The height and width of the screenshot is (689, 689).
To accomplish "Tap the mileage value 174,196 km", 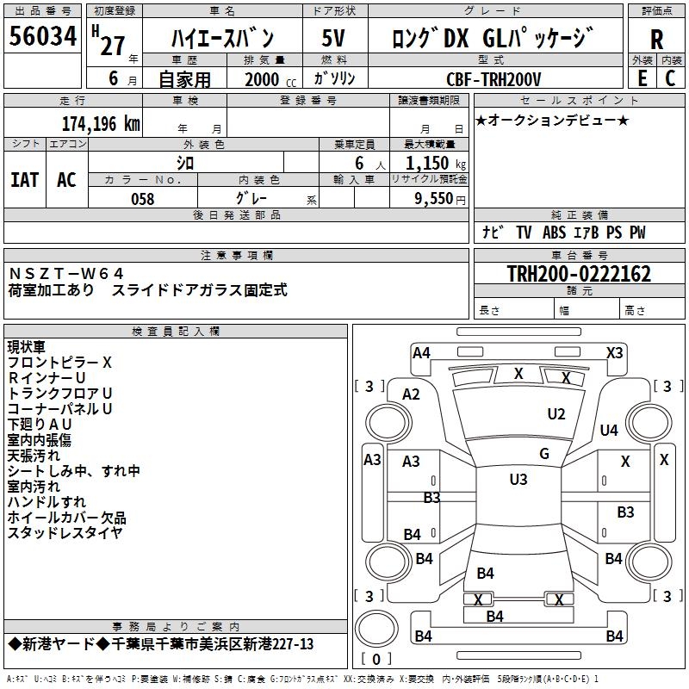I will click(x=101, y=123).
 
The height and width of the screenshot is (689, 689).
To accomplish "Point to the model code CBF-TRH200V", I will click(x=493, y=79).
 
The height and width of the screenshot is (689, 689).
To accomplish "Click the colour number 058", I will click(x=142, y=199).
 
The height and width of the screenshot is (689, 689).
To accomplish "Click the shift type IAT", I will click(x=24, y=180).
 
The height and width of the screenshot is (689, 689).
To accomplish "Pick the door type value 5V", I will click(x=335, y=39).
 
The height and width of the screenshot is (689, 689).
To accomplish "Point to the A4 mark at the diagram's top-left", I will click(x=421, y=352).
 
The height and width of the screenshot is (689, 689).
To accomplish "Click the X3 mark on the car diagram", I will click(x=614, y=352).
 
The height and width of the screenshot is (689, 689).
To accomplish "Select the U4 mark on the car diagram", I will click(x=609, y=430).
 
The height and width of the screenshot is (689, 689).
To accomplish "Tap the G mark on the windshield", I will click(x=543, y=454).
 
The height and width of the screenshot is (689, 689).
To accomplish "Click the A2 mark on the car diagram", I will click(x=411, y=394).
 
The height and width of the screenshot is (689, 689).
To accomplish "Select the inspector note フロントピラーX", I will click(x=59, y=363).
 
